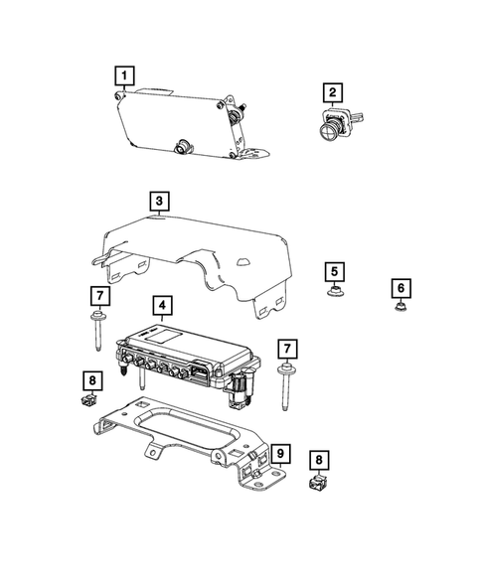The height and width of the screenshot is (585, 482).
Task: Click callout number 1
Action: [x=123, y=73]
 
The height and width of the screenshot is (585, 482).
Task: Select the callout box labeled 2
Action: [x=333, y=93]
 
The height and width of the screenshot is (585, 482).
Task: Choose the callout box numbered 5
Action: [x=335, y=271]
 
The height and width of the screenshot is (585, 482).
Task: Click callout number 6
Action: [x=401, y=288]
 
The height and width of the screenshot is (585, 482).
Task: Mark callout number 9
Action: [x=281, y=456]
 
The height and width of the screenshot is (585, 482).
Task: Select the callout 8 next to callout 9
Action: [x=317, y=460]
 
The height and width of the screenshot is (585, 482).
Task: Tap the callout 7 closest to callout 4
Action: [x=98, y=296]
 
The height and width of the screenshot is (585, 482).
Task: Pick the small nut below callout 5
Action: [x=335, y=293]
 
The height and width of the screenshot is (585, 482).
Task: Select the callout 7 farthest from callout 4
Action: [x=286, y=349]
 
